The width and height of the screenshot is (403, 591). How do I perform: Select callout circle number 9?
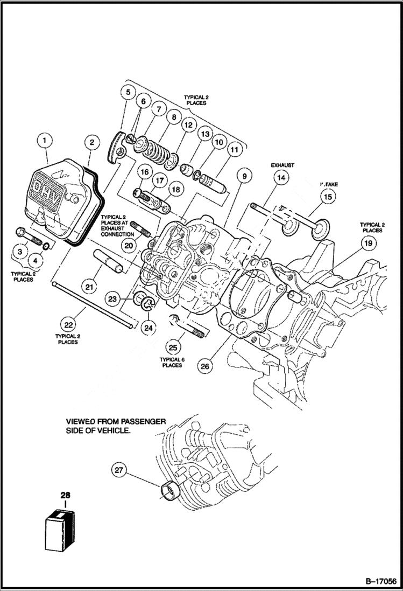coord(243,176)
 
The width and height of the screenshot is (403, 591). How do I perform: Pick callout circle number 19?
coord(366,244)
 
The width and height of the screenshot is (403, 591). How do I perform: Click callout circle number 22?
coord(68,325)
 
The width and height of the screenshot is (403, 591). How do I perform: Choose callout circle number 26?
coord(205,366)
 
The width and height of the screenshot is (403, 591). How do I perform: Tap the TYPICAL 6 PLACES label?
coord(171,361)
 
